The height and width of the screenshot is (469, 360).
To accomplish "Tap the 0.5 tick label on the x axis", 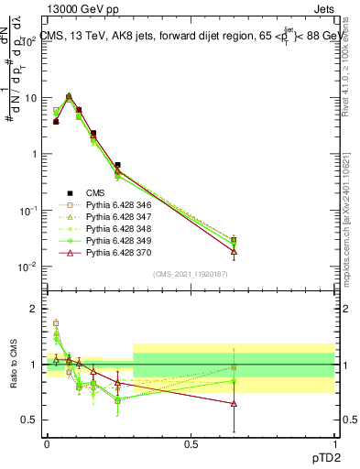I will click(191, 443).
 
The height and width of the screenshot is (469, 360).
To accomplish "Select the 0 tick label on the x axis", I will click(47, 443).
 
